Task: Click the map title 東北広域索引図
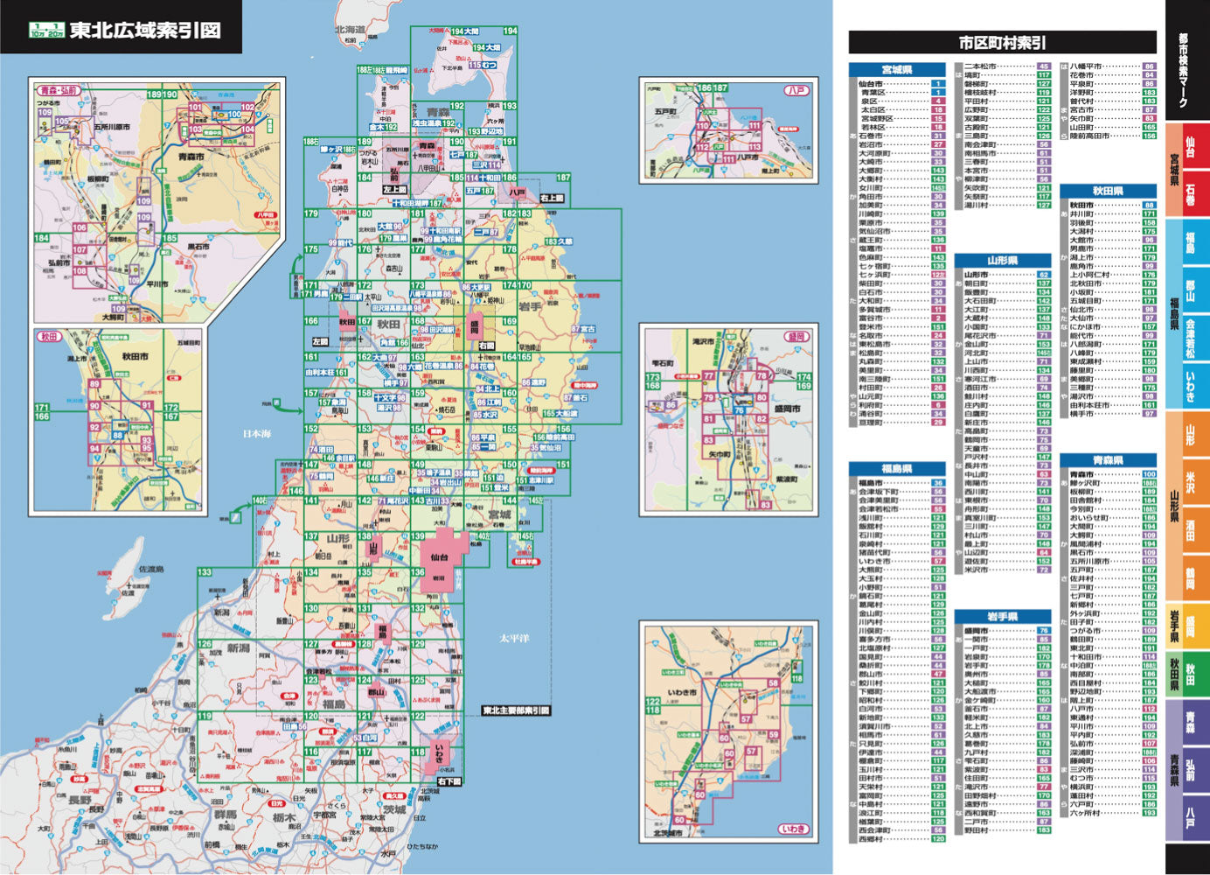click(144, 31)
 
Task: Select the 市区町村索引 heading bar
click(1002, 43)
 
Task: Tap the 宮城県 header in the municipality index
click(897, 70)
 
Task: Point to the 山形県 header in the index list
click(1002, 261)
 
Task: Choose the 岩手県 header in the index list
click(1002, 617)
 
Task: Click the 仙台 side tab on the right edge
click(1190, 142)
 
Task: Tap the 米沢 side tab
click(1190, 482)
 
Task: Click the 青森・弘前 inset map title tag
click(59, 90)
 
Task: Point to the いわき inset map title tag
click(793, 829)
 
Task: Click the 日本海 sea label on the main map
click(257, 433)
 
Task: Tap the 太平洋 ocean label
click(514, 639)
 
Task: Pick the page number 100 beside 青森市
click(1149, 474)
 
